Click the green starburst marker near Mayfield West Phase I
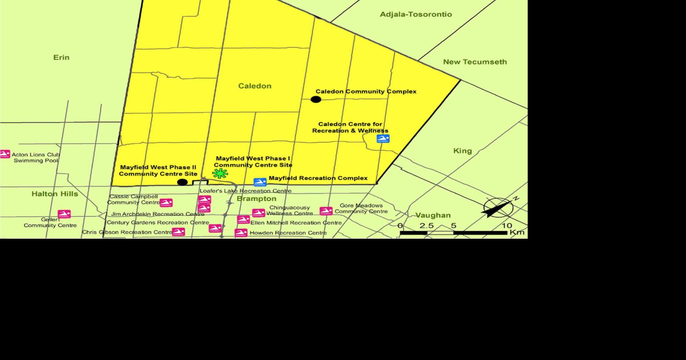click(220, 173)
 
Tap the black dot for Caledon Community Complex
click(316, 99)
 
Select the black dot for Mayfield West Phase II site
click(182, 182)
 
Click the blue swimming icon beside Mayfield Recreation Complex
click(260, 182)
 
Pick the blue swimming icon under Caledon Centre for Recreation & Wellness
click(383, 138)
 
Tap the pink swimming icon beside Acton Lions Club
click(4, 154)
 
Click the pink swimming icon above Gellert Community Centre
click(64, 214)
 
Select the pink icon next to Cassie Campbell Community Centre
click(166, 203)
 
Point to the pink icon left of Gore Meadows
click(326, 211)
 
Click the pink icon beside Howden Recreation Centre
click(241, 233)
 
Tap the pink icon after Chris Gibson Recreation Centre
click(178, 232)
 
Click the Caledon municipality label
click(255, 86)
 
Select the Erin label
click(61, 58)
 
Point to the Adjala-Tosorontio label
click(416, 14)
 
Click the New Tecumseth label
click(474, 62)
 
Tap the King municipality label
click(462, 151)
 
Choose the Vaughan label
click(433, 215)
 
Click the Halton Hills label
click(55, 194)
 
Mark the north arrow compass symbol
click(499, 207)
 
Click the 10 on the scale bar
click(507, 225)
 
